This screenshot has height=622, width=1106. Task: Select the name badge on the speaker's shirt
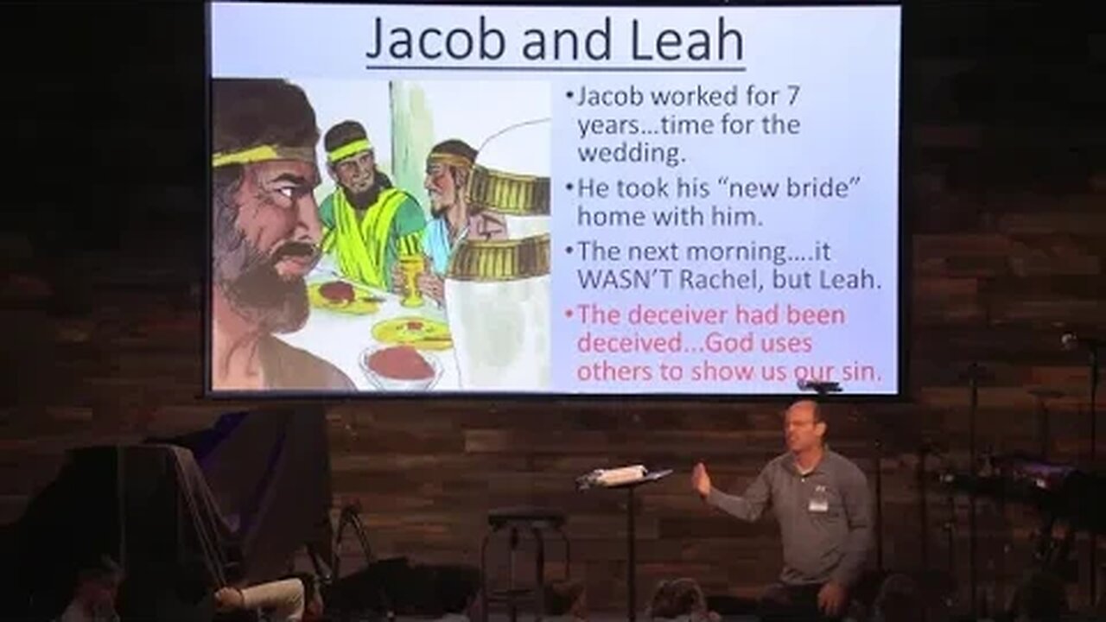pyautogui.click(x=817, y=501)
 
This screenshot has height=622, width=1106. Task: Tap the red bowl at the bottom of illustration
pyautogui.click(x=399, y=365)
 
